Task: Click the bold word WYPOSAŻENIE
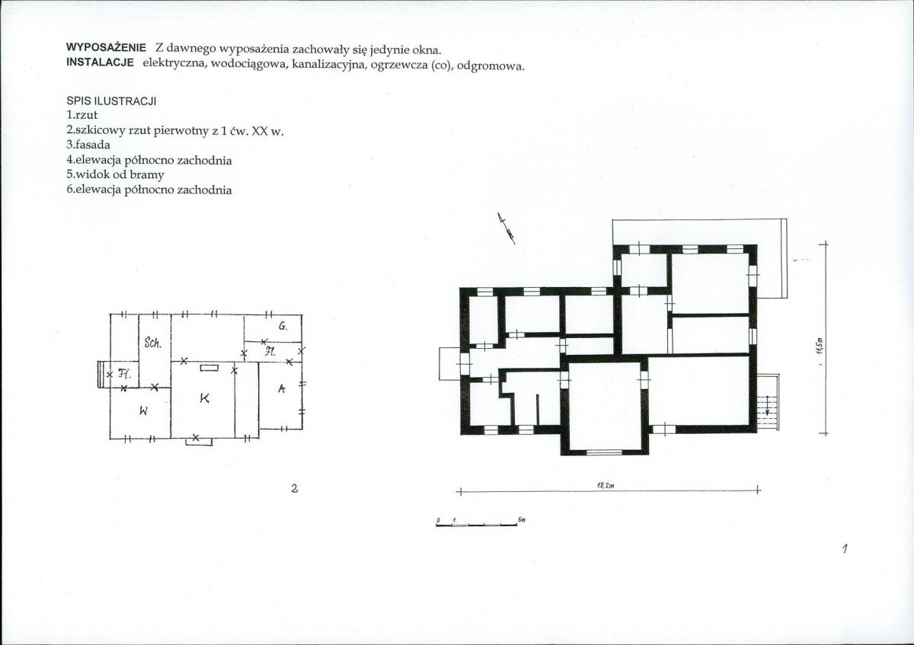[x=106, y=47]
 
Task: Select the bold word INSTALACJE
[x=101, y=62]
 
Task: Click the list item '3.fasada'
[x=88, y=144]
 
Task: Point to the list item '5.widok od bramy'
[x=115, y=174]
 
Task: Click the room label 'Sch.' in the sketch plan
[x=152, y=343]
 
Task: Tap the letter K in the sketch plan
[x=204, y=398]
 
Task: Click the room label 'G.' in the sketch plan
[x=282, y=326]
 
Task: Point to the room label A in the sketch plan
[x=281, y=389]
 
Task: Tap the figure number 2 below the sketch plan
[x=294, y=489]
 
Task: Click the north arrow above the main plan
[x=507, y=228]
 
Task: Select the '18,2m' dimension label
[x=606, y=484]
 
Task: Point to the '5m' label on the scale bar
[x=522, y=520]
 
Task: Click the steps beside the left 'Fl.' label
[x=100, y=374]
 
